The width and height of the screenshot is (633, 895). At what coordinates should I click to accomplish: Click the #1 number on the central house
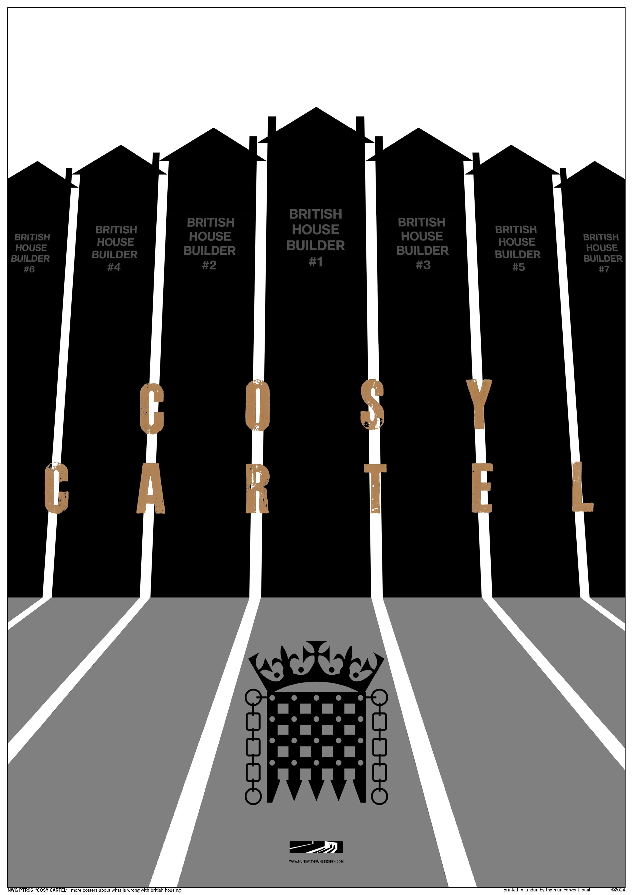pyautogui.click(x=316, y=262)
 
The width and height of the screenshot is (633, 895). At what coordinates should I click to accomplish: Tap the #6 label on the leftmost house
pyautogui.click(x=29, y=269)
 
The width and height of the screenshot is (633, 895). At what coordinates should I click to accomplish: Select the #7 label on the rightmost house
pyautogui.click(x=604, y=269)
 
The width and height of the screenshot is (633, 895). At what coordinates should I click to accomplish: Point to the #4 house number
pyautogui.click(x=114, y=267)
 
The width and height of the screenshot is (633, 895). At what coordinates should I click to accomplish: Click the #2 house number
pyautogui.click(x=209, y=265)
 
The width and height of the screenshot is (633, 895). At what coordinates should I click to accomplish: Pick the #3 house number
pyautogui.click(x=423, y=265)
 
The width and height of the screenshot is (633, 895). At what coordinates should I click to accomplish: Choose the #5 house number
pyautogui.click(x=518, y=267)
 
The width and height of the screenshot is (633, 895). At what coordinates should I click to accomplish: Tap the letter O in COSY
pyautogui.click(x=257, y=405)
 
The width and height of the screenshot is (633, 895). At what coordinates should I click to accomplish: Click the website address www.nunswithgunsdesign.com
pyautogui.click(x=316, y=862)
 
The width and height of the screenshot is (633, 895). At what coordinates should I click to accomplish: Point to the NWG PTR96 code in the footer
pyautogui.click(x=20, y=890)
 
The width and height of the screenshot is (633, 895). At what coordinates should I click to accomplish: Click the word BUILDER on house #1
pyautogui.click(x=316, y=246)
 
